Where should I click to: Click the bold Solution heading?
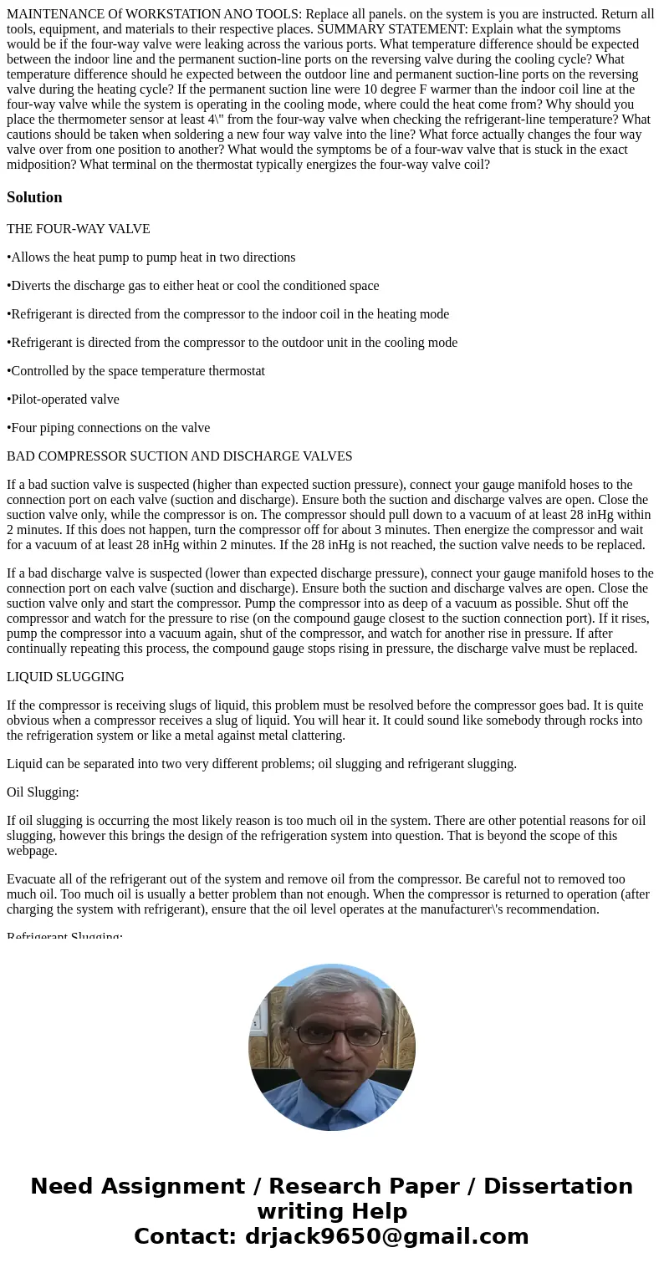[x=34, y=197]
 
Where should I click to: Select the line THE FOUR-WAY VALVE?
[x=79, y=229]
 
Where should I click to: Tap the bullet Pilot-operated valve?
[x=64, y=400]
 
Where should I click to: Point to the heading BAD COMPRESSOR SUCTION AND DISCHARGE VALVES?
[x=179, y=456]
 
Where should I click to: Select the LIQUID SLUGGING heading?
[x=65, y=677]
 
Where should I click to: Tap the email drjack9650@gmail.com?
[x=386, y=1236]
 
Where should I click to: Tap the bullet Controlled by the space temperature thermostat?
[x=136, y=371]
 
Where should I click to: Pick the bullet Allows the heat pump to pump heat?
[x=151, y=257]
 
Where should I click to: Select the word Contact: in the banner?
[x=185, y=1236]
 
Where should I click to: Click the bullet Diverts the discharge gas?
[x=193, y=286]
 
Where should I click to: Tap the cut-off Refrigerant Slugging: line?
[x=65, y=935]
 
